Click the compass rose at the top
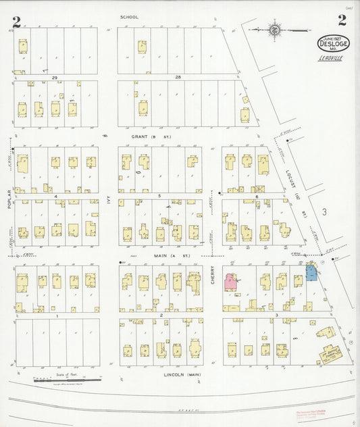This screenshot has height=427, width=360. click(x=274, y=30)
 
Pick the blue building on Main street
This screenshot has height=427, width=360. click(x=311, y=272)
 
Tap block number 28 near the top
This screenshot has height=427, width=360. click(x=178, y=78)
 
